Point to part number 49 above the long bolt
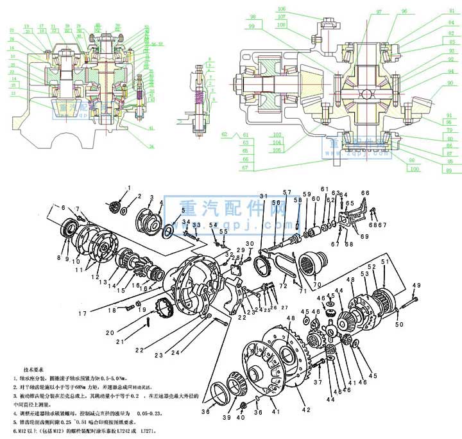pyautogui.click(x=416, y=285)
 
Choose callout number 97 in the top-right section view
pyautogui.click(x=379, y=12)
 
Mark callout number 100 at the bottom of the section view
pyautogui.click(x=415, y=168)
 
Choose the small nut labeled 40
pyautogui.click(x=243, y=406)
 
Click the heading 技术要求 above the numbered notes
pyautogui.click(x=32, y=370)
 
